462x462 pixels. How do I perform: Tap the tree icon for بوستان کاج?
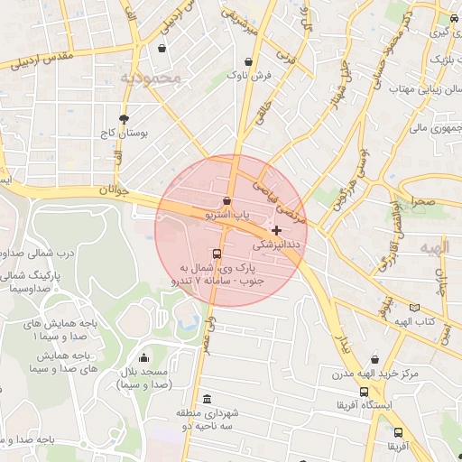[x=124, y=118]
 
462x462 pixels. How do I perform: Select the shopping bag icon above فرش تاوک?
[x=248, y=62]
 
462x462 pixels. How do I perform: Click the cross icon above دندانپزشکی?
[x=276, y=231]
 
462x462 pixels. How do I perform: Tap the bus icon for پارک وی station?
[x=217, y=254]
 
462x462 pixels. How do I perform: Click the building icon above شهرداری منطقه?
[x=208, y=400]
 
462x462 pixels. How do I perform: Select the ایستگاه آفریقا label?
[x=392, y=406]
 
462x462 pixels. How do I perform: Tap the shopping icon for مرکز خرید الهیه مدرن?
[x=375, y=358]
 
